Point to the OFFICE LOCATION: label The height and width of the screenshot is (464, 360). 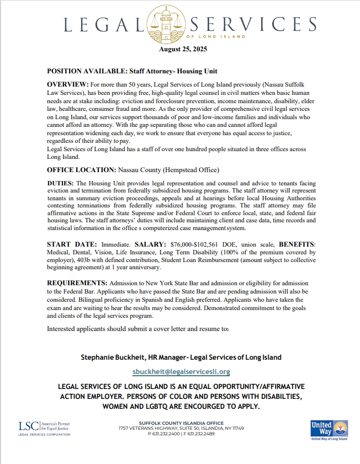[x=81, y=169]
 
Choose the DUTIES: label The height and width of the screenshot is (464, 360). [x=60, y=182]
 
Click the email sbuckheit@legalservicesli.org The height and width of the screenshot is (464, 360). [x=182, y=372]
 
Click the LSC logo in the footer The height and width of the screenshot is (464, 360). [x=44, y=428]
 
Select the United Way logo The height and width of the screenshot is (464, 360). [x=329, y=429]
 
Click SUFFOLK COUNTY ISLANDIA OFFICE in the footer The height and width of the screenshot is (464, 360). [x=181, y=423]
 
